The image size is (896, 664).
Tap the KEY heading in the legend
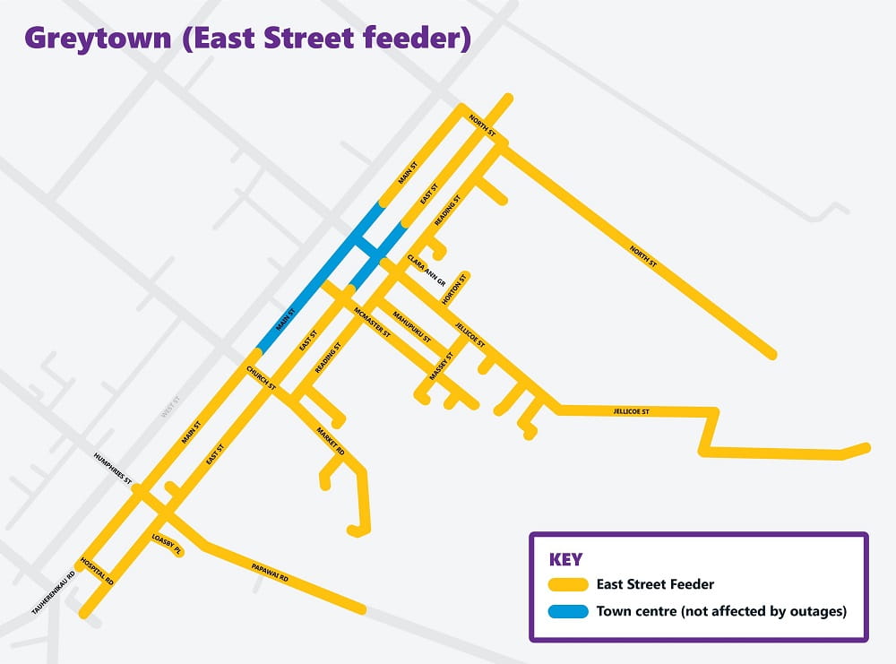pyautogui.click(x=565, y=560)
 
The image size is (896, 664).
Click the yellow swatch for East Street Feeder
pyautogui.click(x=567, y=585)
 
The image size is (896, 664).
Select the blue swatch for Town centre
pyautogui.click(x=567, y=613)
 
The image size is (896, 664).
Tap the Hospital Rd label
pyautogui.click(x=98, y=570)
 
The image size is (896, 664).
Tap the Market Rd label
pyautogui.click(x=331, y=442)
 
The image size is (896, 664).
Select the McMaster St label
pyautogui.click(x=372, y=320)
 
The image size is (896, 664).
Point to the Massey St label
pyautogui.click(x=442, y=366)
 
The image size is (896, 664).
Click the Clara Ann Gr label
pyautogui.click(x=426, y=270)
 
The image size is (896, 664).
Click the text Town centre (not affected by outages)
pyautogui.click(x=720, y=613)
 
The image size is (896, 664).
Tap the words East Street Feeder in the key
pyautogui.click(x=655, y=585)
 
